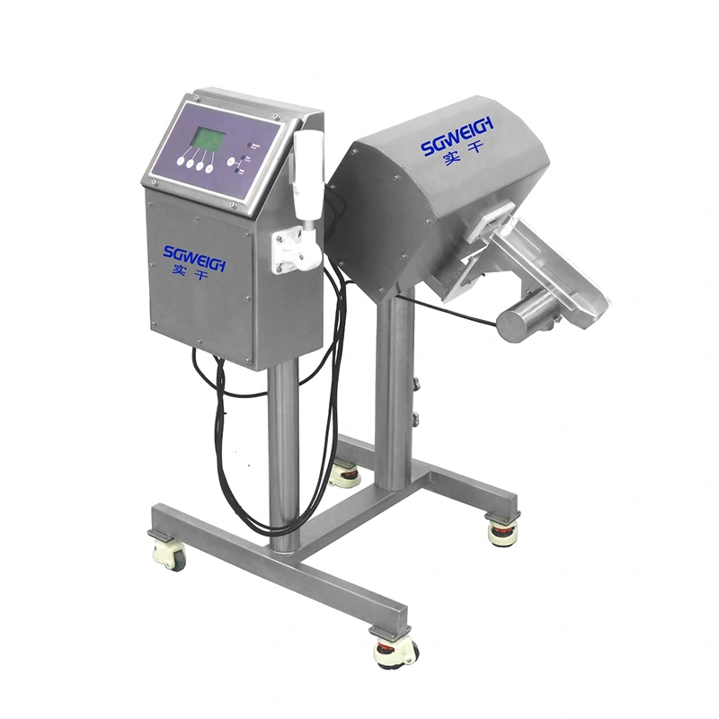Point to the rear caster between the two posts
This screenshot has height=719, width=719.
pyautogui.click(x=343, y=473)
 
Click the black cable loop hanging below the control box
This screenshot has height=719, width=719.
pyautogui.click(x=225, y=422)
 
